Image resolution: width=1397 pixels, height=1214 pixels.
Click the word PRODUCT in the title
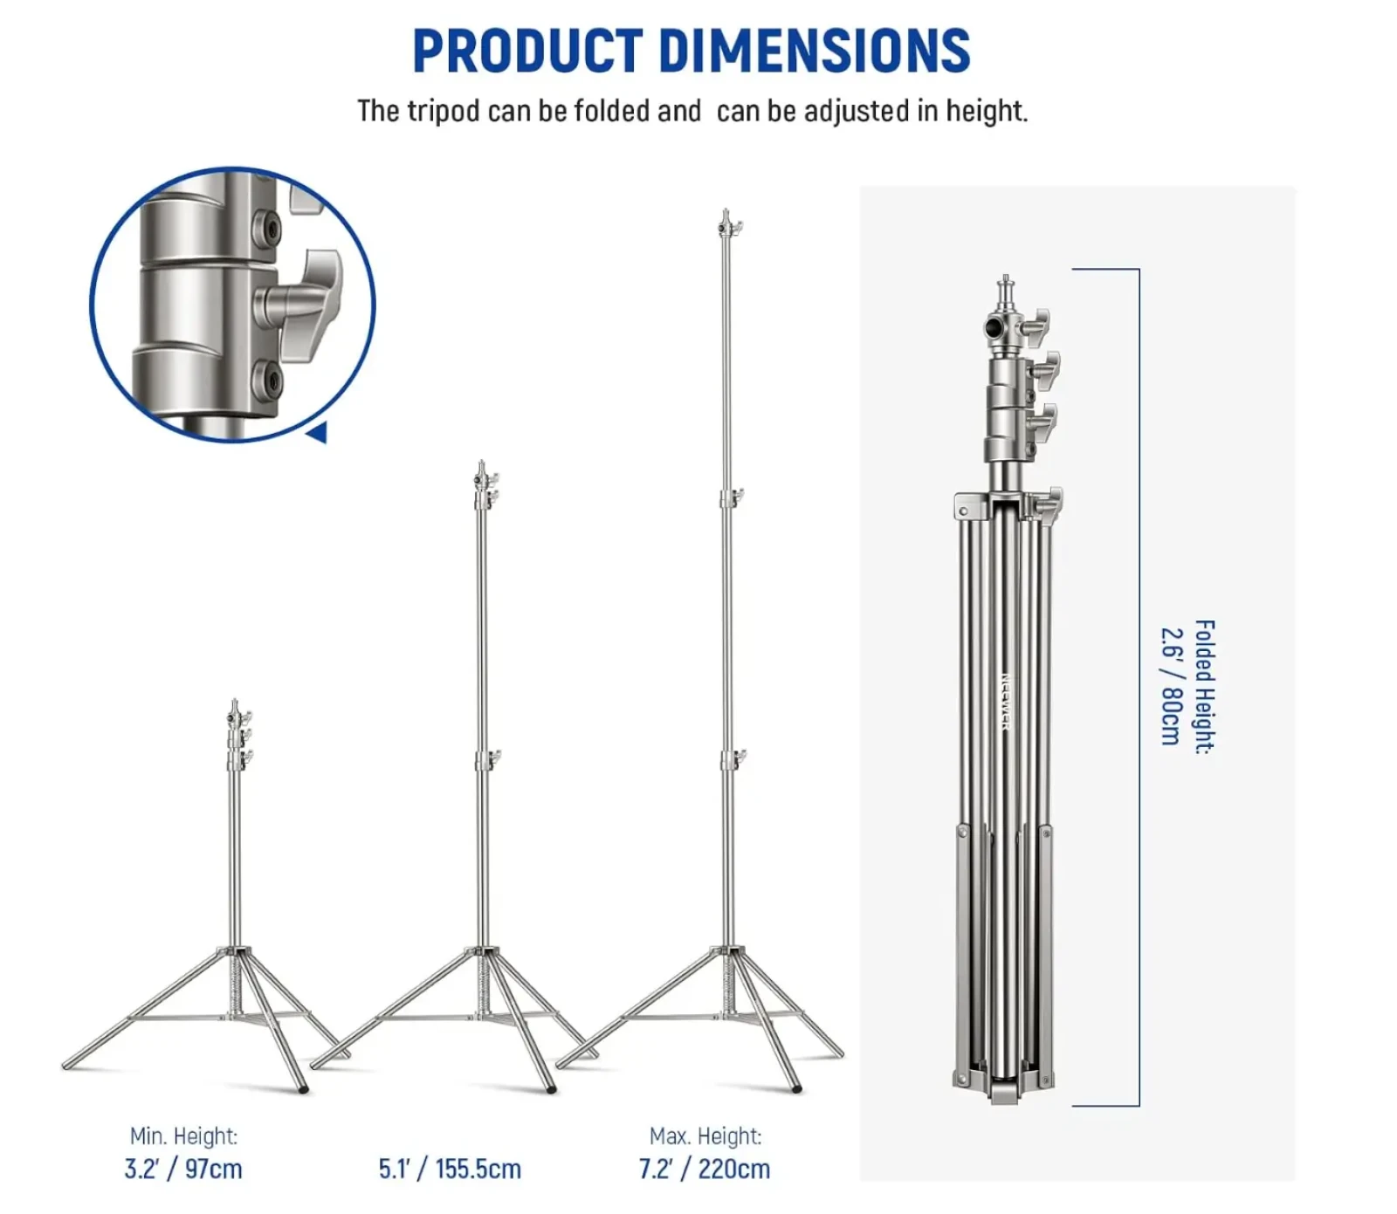pyautogui.click(x=527, y=51)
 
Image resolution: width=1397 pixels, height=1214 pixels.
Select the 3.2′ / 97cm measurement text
pyautogui.click(x=183, y=1169)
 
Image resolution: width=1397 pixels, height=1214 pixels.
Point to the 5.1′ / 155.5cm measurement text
pyautogui.click(x=450, y=1169)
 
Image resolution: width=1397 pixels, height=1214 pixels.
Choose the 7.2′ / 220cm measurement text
pyautogui.click(x=705, y=1169)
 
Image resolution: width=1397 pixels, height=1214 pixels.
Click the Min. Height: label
pyautogui.click(x=183, y=1135)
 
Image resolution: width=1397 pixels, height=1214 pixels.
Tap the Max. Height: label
pyautogui.click(x=705, y=1135)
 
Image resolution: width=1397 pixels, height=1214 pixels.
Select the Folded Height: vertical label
pyautogui.click(x=1205, y=687)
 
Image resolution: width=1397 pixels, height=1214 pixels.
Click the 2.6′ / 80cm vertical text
pyautogui.click(x=1171, y=686)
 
